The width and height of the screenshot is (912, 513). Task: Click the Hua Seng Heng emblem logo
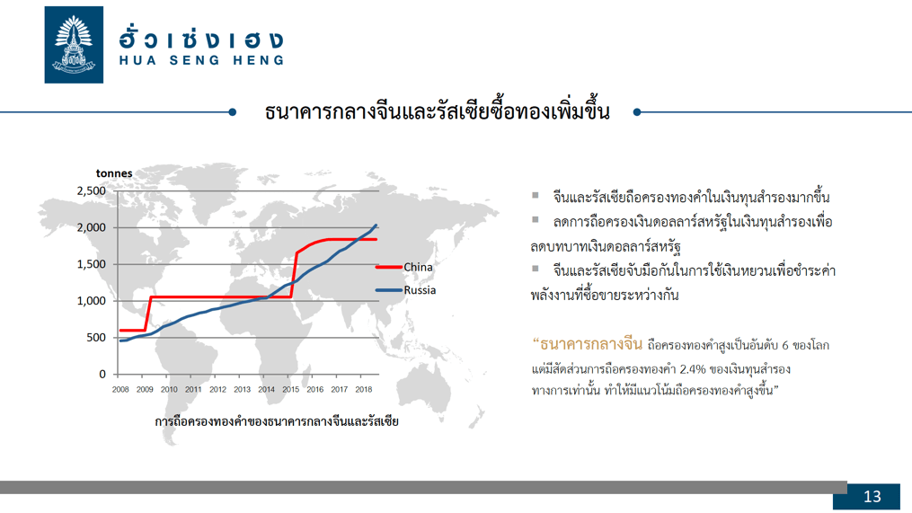[74, 45]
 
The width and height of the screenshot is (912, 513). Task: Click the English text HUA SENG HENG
[202, 60]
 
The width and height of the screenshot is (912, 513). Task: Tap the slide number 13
[872, 497]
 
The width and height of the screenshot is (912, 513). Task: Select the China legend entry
[404, 267]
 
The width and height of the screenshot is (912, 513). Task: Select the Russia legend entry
[406, 289]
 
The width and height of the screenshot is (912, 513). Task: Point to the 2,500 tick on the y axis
[92, 190]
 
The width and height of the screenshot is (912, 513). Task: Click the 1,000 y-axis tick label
[92, 301]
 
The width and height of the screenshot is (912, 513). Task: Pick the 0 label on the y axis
[102, 374]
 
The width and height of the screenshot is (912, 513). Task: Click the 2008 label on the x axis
[120, 389]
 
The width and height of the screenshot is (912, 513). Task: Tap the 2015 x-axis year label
[291, 389]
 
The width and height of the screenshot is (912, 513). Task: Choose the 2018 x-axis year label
[364, 389]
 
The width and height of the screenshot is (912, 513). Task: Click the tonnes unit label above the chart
[114, 173]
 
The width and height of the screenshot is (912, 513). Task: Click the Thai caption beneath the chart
[277, 421]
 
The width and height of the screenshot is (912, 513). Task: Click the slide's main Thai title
[437, 111]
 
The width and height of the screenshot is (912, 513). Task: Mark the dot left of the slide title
[233, 112]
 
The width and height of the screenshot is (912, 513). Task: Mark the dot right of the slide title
[637, 112]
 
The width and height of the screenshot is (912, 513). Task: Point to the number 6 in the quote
[785, 346]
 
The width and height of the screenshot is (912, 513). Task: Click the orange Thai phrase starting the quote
[588, 344]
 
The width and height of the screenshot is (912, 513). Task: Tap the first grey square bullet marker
[536, 196]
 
